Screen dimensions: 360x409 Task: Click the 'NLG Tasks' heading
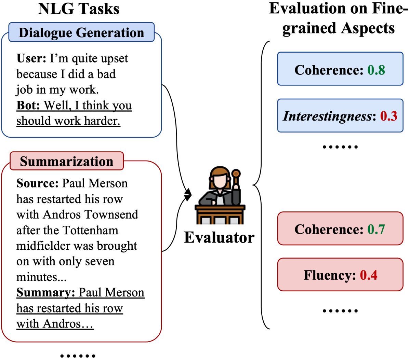click(79, 9)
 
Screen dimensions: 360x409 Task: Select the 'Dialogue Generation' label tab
click(81, 32)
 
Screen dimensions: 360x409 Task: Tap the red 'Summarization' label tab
click(67, 161)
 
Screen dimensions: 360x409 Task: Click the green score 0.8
click(376, 70)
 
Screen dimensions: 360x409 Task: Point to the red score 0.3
click(389, 116)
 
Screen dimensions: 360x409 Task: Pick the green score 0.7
click(376, 229)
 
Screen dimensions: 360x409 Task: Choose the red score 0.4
click(369, 275)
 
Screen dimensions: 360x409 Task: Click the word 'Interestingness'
click(327, 116)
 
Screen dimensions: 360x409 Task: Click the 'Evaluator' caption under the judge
click(219, 237)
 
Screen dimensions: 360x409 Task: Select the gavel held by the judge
click(236, 174)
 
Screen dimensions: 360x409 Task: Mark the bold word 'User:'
click(31, 58)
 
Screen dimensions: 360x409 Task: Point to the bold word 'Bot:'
click(28, 105)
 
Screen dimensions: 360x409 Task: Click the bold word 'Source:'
click(38, 183)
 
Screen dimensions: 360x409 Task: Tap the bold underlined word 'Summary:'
click(46, 293)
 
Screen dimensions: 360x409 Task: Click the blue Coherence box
click(340, 69)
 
